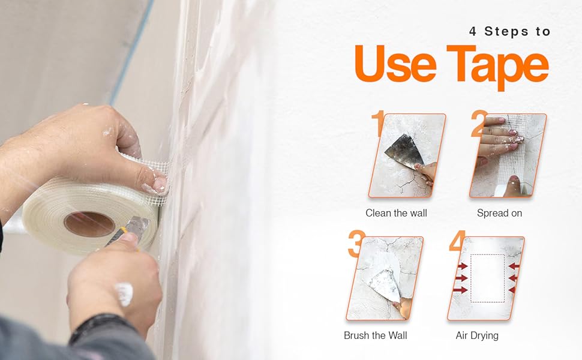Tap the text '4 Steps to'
click(509, 32)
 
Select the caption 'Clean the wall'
click(396, 213)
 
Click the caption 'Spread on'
click(499, 213)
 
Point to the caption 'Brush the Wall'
click(376, 335)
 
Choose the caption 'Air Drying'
click(476, 335)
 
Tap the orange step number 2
click(478, 124)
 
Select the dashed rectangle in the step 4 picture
click(487, 278)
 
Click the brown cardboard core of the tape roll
click(89, 224)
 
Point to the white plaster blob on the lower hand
click(124, 293)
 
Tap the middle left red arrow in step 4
click(461, 278)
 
